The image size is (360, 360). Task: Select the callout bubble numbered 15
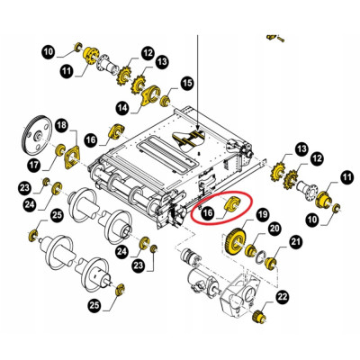coord(187,84)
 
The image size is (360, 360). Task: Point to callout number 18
coord(60,124)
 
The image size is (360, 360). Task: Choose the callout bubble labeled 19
coord(262,214)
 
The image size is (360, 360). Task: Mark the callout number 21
coord(295,241)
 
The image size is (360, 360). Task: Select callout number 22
coord(283,298)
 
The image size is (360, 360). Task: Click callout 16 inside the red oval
coord(207,212)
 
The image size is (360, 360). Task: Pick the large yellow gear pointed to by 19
coord(238,242)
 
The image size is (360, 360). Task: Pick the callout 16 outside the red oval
coord(92,139)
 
